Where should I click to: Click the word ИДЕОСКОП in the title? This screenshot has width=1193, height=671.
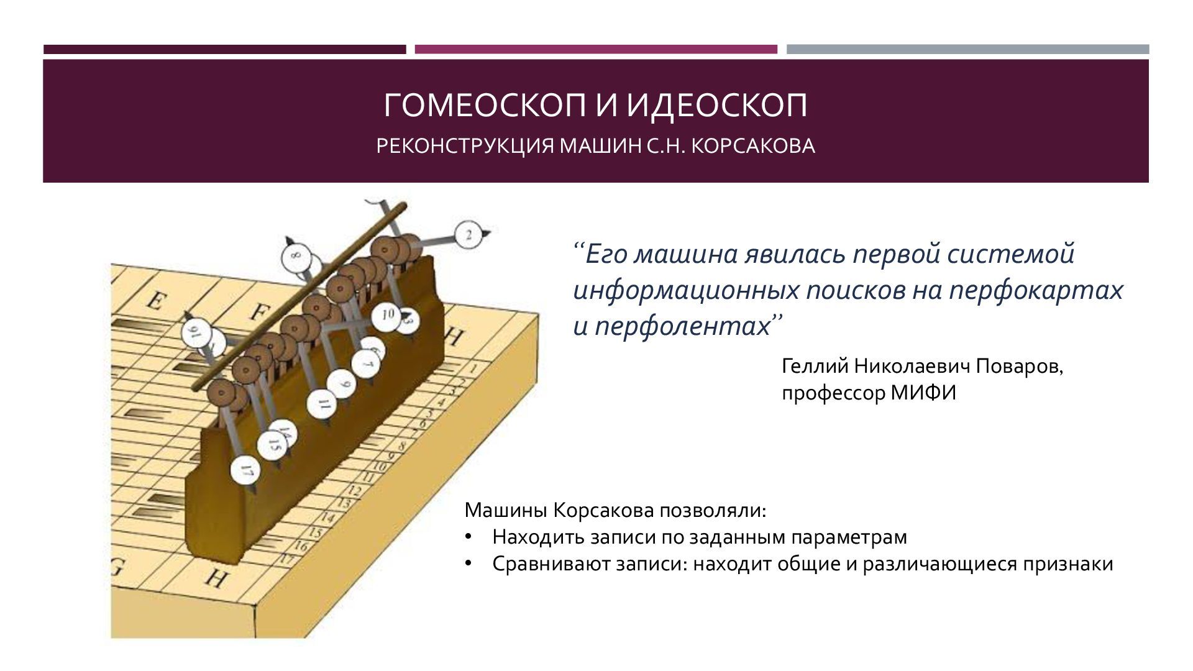(x=716, y=106)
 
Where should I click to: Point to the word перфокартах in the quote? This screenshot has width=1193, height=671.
(x=1036, y=290)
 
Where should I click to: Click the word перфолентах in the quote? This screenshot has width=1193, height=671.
(x=683, y=326)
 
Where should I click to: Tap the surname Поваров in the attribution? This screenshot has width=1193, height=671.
(x=1019, y=367)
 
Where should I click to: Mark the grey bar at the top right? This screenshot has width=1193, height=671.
(x=967, y=49)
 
